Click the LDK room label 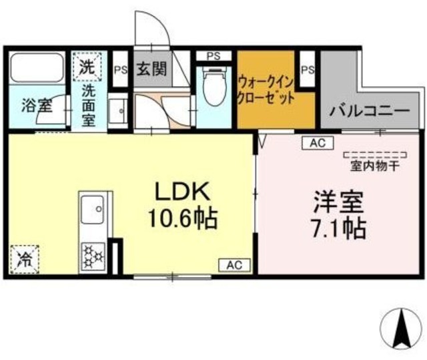tap(183, 192)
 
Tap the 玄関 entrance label tap(151, 68)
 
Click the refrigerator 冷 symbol tap(24, 258)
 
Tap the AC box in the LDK tap(234, 265)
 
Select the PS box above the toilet tap(214, 55)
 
